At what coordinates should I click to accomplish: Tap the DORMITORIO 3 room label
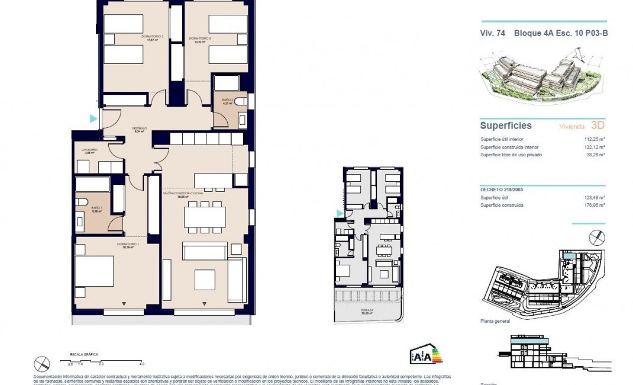point(200,38)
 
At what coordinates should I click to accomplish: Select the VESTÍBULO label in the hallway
point(139,128)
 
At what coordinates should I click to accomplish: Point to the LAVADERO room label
point(89,150)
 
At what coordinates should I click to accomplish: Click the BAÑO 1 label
point(97,208)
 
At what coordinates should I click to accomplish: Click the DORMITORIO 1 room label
point(130,243)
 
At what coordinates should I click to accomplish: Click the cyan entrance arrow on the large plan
point(93,118)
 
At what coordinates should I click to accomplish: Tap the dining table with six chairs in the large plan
point(205,216)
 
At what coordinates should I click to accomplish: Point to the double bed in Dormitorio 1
point(94,271)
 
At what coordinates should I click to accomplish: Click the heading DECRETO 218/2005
point(502,190)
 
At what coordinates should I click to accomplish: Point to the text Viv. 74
point(492,33)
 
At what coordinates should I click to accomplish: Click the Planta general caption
point(495,320)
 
